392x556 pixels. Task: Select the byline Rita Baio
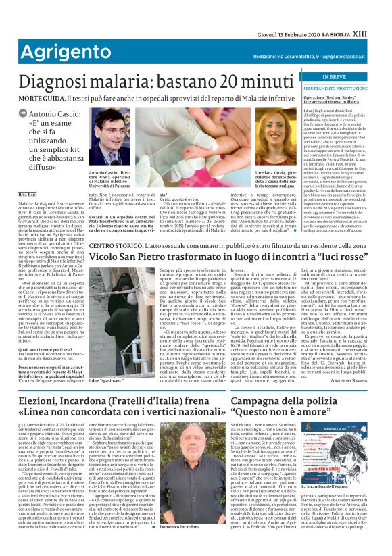[28, 193]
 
